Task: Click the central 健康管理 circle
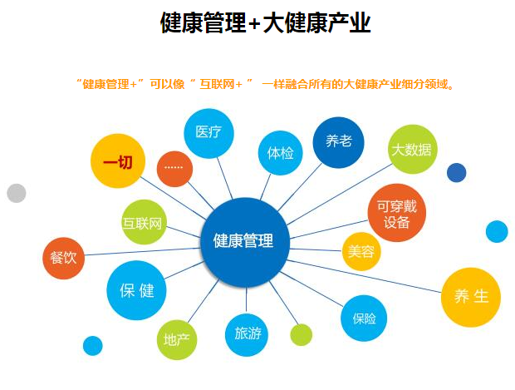coord(245,242)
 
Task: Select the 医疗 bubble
coord(208,133)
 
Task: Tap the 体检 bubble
coord(280,153)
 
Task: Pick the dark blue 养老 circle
coord(338,142)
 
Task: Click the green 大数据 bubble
coord(412,149)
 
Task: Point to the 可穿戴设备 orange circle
coord(397,212)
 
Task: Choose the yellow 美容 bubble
coord(361,252)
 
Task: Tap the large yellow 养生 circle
coord(471,297)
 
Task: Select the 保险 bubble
coord(364,318)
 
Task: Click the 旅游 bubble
coord(247,335)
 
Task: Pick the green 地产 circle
coord(177,339)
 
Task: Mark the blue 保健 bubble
coord(136,290)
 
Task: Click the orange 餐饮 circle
coord(64,258)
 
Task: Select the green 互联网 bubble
coord(144,222)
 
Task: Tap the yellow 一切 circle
coord(118,160)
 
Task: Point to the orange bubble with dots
coord(174,169)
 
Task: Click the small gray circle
coord(17,193)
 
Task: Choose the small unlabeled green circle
coord(302,335)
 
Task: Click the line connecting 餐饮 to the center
coord(143,252)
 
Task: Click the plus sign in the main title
coord(255,23)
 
